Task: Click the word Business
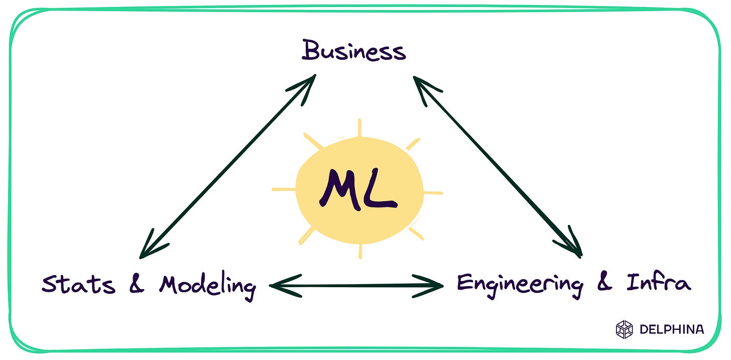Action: (353, 51)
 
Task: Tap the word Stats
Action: (78, 284)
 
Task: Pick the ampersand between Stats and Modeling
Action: (137, 284)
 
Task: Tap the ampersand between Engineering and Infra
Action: (605, 283)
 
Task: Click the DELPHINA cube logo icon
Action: (625, 329)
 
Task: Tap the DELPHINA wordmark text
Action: (672, 329)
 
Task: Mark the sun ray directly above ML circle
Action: (360, 128)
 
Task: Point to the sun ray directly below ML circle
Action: (360, 251)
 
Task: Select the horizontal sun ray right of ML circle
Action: (433, 192)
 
